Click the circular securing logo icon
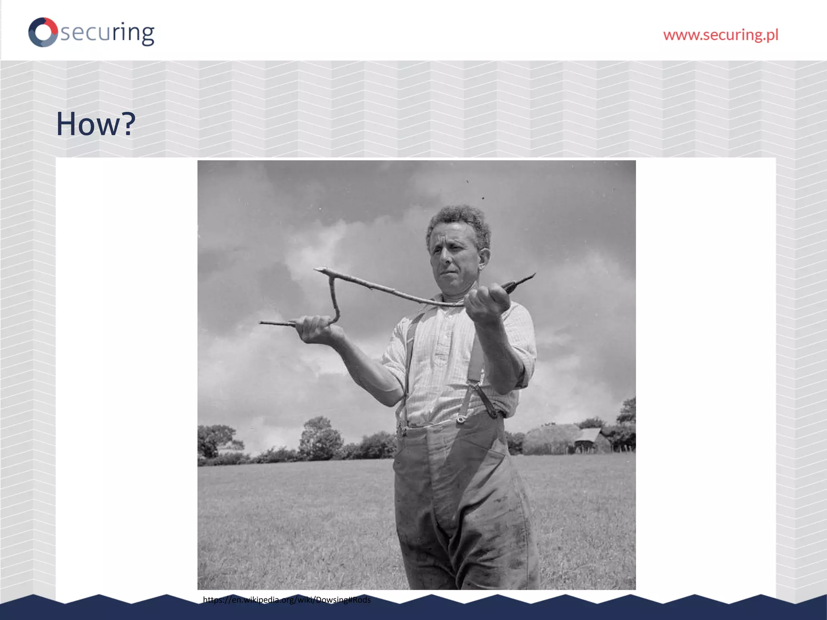point(43,32)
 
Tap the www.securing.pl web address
point(720,35)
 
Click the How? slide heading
point(95,124)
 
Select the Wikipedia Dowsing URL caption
point(287,600)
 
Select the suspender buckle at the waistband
point(460,420)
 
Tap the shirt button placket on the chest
point(442,347)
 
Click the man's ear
point(483,258)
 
